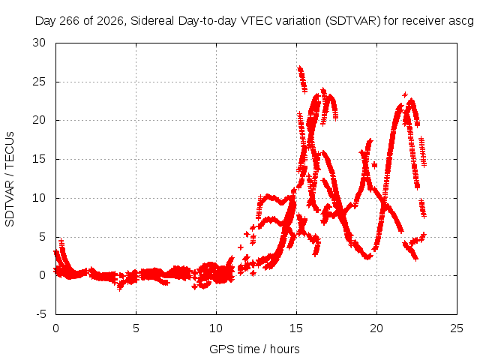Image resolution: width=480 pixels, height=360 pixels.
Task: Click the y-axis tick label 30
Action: (x=39, y=43)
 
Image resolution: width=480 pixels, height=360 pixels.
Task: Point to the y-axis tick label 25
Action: (x=39, y=82)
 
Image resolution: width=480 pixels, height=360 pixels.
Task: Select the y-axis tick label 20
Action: (x=39, y=120)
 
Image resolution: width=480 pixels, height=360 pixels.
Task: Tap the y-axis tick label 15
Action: (x=39, y=159)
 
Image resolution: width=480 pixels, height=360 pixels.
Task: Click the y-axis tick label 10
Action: (x=39, y=198)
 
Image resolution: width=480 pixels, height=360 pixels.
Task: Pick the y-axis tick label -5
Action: (x=41, y=314)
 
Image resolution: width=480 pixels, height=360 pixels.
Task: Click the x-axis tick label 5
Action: (x=136, y=328)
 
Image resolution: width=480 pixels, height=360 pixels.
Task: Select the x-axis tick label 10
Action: (x=216, y=328)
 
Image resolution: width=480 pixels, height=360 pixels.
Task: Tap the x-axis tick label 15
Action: (x=296, y=328)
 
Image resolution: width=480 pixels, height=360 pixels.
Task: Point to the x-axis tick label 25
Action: (x=457, y=328)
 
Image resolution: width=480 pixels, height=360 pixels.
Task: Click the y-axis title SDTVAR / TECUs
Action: (x=10, y=179)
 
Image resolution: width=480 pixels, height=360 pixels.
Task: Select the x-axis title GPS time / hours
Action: (x=254, y=349)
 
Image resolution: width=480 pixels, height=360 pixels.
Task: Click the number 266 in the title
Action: (x=70, y=21)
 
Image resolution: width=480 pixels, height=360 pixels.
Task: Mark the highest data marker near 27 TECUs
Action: (x=300, y=68)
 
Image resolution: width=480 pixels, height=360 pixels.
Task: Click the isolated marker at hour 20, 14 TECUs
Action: (x=374, y=165)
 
